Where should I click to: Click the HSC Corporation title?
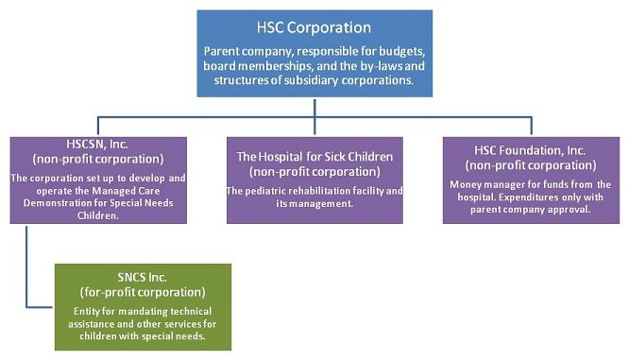click(314, 27)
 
